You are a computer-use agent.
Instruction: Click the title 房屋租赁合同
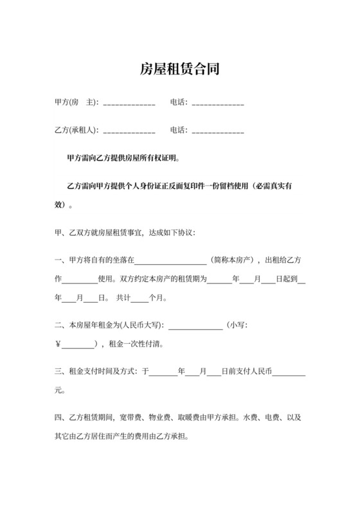(x=180, y=69)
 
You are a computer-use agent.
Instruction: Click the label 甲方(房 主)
(x=75, y=103)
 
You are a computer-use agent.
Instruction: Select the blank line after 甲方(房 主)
(x=129, y=104)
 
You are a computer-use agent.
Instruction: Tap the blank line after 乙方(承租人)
(x=129, y=131)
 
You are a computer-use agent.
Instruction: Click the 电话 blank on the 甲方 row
(x=217, y=104)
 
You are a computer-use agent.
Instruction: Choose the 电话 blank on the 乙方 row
(x=217, y=131)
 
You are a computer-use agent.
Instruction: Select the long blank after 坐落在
(x=170, y=263)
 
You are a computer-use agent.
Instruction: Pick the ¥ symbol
(x=59, y=344)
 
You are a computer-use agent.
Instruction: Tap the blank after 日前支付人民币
(x=289, y=373)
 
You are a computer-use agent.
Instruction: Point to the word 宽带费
(x=130, y=418)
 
